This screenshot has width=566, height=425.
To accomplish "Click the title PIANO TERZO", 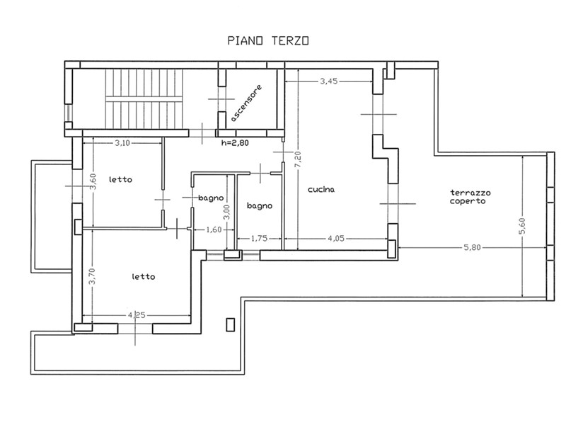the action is (x=268, y=40).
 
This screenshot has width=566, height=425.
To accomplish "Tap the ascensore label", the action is (x=246, y=103).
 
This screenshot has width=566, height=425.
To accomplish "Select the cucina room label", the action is (x=321, y=189).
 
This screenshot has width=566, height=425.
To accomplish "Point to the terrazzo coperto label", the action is (x=470, y=197).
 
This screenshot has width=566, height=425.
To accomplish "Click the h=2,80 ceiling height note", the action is (x=235, y=143).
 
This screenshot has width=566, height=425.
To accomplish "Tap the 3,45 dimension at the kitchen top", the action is (x=328, y=81).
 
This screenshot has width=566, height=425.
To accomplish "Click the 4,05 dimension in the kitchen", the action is (x=335, y=239).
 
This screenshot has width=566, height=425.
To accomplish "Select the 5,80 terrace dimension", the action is (x=472, y=247).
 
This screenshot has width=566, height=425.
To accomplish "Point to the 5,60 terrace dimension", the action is (x=522, y=226).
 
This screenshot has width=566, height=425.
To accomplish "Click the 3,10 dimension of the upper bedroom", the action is (x=122, y=143).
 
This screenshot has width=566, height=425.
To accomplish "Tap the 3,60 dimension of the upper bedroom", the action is (x=93, y=182).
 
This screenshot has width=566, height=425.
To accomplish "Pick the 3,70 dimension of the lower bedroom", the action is (x=93, y=276).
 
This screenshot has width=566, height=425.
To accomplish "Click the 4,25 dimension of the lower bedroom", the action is (x=137, y=315).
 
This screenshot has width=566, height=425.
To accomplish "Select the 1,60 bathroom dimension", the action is (x=214, y=229).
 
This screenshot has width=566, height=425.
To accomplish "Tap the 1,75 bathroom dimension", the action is (x=259, y=238).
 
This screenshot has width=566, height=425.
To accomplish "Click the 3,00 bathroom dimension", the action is (x=226, y=212).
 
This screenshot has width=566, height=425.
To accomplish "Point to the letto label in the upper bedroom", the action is (x=120, y=179).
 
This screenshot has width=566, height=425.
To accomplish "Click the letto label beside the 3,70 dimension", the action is (x=144, y=277).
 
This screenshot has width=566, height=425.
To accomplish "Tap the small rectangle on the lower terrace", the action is (x=231, y=324).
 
